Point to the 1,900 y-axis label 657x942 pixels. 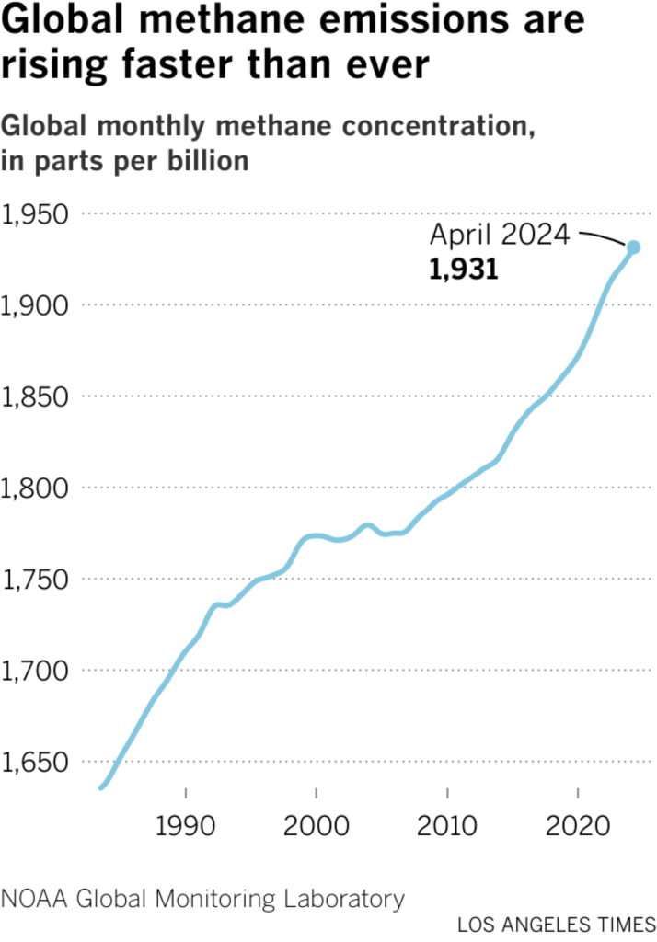pyautogui.click(x=37, y=306)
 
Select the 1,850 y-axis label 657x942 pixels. pyautogui.click(x=37, y=397)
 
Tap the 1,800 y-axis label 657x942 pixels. pyautogui.click(x=37, y=488)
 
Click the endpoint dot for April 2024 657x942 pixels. pyautogui.click(x=633, y=247)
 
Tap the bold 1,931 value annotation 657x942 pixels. pyautogui.click(x=463, y=270)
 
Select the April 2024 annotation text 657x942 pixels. pyautogui.click(x=500, y=235)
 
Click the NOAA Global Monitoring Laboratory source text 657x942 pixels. pyautogui.click(x=202, y=898)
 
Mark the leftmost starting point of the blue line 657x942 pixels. pyautogui.click(x=101, y=787)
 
